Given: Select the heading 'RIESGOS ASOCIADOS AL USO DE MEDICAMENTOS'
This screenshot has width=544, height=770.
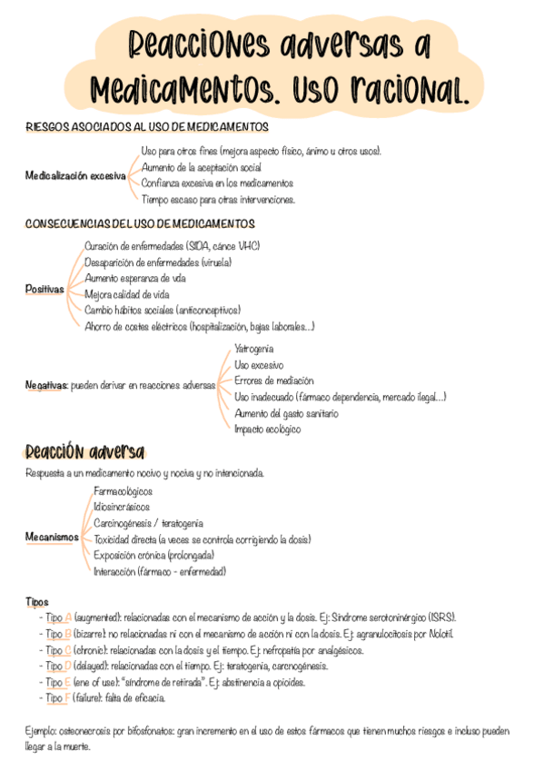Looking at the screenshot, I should (147, 127).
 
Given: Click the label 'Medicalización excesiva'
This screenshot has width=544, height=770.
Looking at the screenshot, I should (75, 176).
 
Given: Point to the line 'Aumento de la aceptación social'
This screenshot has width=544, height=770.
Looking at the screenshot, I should (201, 167).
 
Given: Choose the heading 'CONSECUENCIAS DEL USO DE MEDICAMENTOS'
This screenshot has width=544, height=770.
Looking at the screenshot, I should (141, 223).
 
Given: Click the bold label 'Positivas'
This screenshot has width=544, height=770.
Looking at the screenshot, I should (45, 289).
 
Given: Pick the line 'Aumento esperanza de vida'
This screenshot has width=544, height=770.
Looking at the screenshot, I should (135, 279).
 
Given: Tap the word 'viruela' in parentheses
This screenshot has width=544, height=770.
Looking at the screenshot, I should (216, 262).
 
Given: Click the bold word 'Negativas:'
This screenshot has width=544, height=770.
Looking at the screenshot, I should (47, 385).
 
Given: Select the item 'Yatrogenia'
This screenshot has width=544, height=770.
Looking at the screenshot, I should (253, 349).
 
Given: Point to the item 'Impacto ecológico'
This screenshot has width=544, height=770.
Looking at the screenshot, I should (267, 429).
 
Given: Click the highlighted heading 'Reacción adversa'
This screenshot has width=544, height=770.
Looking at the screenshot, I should (84, 452).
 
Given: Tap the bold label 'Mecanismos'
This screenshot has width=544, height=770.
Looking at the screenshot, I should (52, 538).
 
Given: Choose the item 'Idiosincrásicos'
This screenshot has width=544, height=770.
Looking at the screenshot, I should (122, 507).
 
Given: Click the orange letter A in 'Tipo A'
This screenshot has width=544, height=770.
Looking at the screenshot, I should (68, 616).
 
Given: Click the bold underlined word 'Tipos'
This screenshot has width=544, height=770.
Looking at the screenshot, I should (37, 601).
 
